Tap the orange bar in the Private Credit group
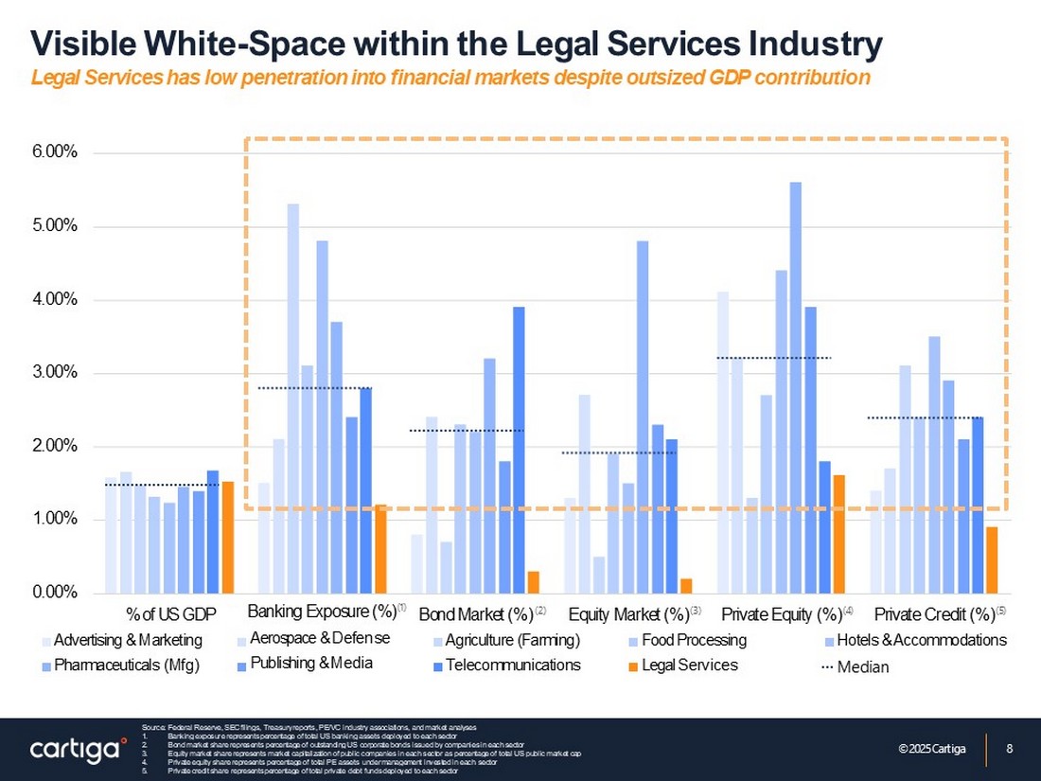992,559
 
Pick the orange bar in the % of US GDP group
227,537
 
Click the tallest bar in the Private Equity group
795,387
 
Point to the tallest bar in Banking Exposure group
293,398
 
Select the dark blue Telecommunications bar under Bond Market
519,450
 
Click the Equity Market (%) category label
627,613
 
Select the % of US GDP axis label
171,613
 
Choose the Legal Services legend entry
689,665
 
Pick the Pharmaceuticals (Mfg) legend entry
127,665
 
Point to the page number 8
1010,750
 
